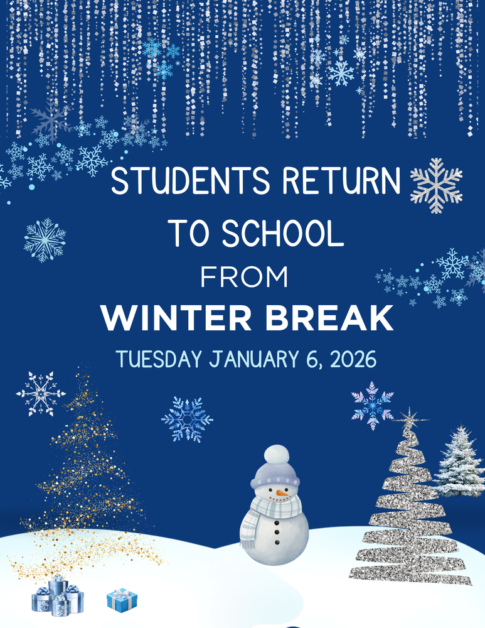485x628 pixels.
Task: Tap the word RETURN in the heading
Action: (x=341, y=182)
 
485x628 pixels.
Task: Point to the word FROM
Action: (x=244, y=277)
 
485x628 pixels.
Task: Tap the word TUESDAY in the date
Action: (x=159, y=359)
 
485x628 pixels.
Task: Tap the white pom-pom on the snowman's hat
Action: (x=276, y=455)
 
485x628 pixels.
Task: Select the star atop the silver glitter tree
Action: (x=411, y=417)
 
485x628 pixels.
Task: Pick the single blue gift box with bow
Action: (x=122, y=600)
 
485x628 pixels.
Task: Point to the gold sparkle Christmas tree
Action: (x=85, y=484)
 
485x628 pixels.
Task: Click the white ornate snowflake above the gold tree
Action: (x=41, y=394)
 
